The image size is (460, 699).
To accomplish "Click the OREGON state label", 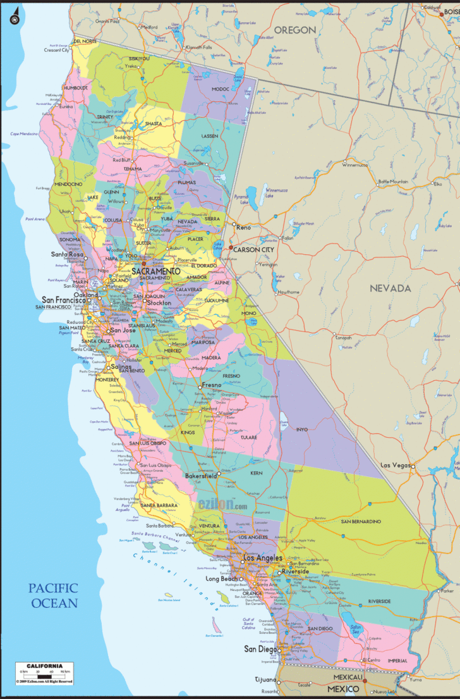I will (294, 30).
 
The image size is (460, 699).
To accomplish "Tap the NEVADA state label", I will (390, 288).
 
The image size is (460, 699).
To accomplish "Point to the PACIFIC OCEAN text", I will (53, 595).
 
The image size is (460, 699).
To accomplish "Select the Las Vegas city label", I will (395, 465).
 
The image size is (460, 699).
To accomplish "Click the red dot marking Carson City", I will (231, 247).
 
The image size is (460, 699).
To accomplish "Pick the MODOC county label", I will (221, 89).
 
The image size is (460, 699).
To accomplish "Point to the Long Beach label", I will (221, 579).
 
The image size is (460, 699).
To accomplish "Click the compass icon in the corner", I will (13, 20).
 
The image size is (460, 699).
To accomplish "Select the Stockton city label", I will (159, 303).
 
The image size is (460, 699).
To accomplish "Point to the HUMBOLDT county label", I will (75, 88).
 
